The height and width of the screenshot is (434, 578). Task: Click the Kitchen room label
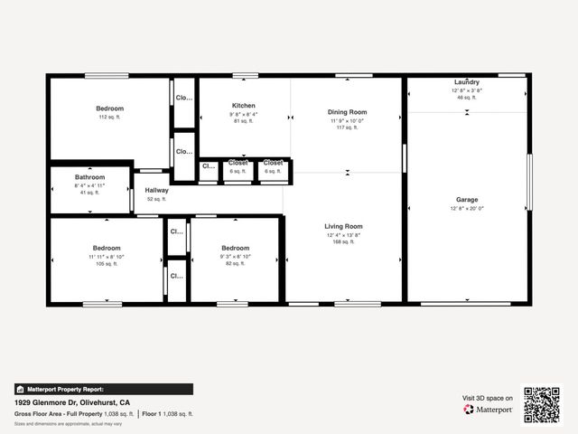[243, 106]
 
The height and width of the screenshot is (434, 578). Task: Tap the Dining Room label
[347, 112]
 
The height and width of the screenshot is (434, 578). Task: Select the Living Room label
[343, 226]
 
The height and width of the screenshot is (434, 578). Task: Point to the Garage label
[467, 200]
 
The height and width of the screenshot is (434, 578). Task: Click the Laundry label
[467, 82]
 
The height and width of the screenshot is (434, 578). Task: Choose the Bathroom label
[89, 177]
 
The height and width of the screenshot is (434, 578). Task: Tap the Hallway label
[156, 190]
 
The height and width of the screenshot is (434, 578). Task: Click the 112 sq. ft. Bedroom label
[109, 108]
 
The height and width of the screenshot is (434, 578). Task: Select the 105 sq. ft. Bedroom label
[107, 248]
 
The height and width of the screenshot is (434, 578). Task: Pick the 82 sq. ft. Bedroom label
[235, 248]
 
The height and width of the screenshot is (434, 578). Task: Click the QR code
[542, 404]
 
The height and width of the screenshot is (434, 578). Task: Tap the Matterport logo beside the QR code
[489, 410]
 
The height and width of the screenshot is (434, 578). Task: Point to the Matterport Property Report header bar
[103, 389]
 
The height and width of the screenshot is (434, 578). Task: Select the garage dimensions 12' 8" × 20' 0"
[467, 208]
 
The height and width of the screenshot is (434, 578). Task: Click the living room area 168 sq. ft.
[343, 241]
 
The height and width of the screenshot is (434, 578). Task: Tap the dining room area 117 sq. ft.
[347, 127]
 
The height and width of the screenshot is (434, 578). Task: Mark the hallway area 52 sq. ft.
[156, 199]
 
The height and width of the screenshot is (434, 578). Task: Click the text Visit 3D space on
[488, 398]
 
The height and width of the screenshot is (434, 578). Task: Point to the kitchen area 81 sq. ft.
[243, 121]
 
